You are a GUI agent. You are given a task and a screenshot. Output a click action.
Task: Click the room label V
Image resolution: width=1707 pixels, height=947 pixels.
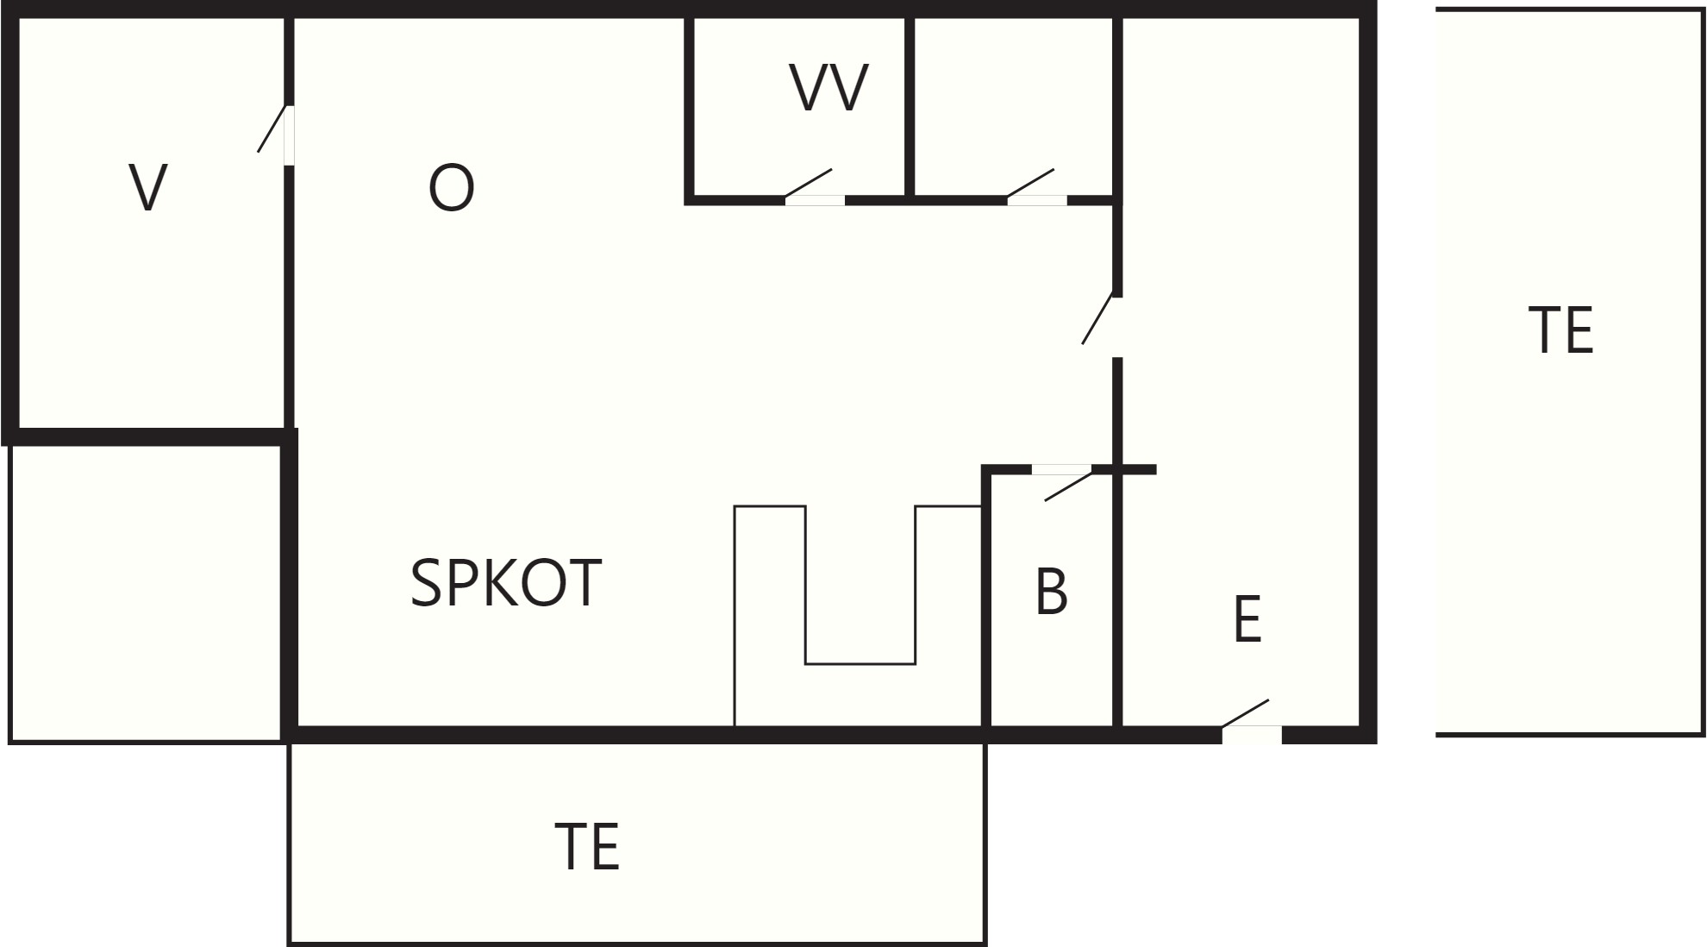coord(147,187)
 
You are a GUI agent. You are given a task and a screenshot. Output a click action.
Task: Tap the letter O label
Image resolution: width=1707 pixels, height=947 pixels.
coord(451,188)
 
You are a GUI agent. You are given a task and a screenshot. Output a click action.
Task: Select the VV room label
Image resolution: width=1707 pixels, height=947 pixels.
coord(828,88)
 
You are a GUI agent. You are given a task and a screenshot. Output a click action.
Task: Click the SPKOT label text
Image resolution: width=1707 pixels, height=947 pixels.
coord(505,583)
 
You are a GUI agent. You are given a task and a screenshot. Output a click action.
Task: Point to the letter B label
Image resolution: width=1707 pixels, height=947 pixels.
coord(1051,591)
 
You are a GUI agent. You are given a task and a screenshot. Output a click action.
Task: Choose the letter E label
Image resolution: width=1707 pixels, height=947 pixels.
coord(1247,618)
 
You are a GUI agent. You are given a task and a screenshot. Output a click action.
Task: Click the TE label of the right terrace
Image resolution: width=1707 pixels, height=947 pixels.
coord(1560,330)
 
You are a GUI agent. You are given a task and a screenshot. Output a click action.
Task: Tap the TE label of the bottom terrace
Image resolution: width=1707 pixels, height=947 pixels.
coord(586,846)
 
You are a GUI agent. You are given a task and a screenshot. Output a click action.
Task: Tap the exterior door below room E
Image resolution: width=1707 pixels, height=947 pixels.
coord(1251,721)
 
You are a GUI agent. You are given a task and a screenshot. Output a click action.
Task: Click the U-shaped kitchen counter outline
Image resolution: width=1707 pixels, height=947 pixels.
coord(735,617)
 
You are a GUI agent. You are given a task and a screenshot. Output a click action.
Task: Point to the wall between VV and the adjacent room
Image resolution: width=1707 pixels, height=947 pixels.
coord(910,107)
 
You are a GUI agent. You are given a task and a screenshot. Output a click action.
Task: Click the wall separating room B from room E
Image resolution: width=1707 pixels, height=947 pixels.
coord(1117,604)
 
